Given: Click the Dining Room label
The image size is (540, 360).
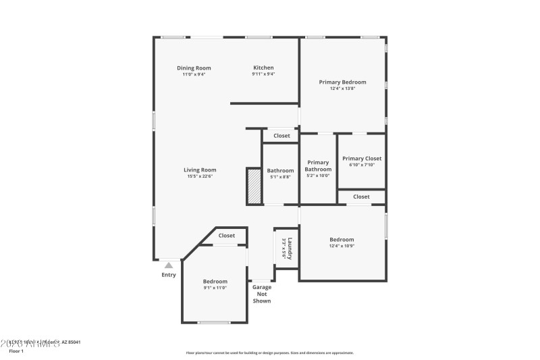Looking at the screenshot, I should [194, 68].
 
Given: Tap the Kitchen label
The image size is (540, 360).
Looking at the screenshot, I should [263, 68].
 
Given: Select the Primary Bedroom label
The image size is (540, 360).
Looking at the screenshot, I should [342, 82].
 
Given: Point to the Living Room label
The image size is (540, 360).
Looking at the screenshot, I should [200, 170].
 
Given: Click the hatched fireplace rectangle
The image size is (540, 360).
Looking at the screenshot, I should [254, 185].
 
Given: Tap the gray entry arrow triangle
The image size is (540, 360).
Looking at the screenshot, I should [169, 265].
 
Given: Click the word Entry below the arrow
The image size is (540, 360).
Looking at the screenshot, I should [169, 275].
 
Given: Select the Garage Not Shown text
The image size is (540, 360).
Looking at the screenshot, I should [262, 294].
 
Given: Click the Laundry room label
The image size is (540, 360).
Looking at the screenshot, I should [289, 248].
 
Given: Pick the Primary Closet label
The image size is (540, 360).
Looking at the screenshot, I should [361, 158].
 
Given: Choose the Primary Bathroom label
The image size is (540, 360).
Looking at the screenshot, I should [318, 165].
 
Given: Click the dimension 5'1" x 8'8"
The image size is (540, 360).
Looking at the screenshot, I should [280, 177].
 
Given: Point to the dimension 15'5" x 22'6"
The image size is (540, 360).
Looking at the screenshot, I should [200, 176].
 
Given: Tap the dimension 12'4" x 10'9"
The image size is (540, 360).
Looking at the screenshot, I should [342, 246].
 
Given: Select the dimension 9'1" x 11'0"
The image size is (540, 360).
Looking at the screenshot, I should [215, 288].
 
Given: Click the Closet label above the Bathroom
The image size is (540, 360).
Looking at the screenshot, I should [281, 136].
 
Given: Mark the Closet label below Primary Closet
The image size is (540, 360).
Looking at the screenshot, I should [361, 197].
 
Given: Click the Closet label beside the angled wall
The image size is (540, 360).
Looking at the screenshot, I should [227, 236].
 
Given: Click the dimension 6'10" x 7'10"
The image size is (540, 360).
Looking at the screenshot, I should [361, 164].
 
